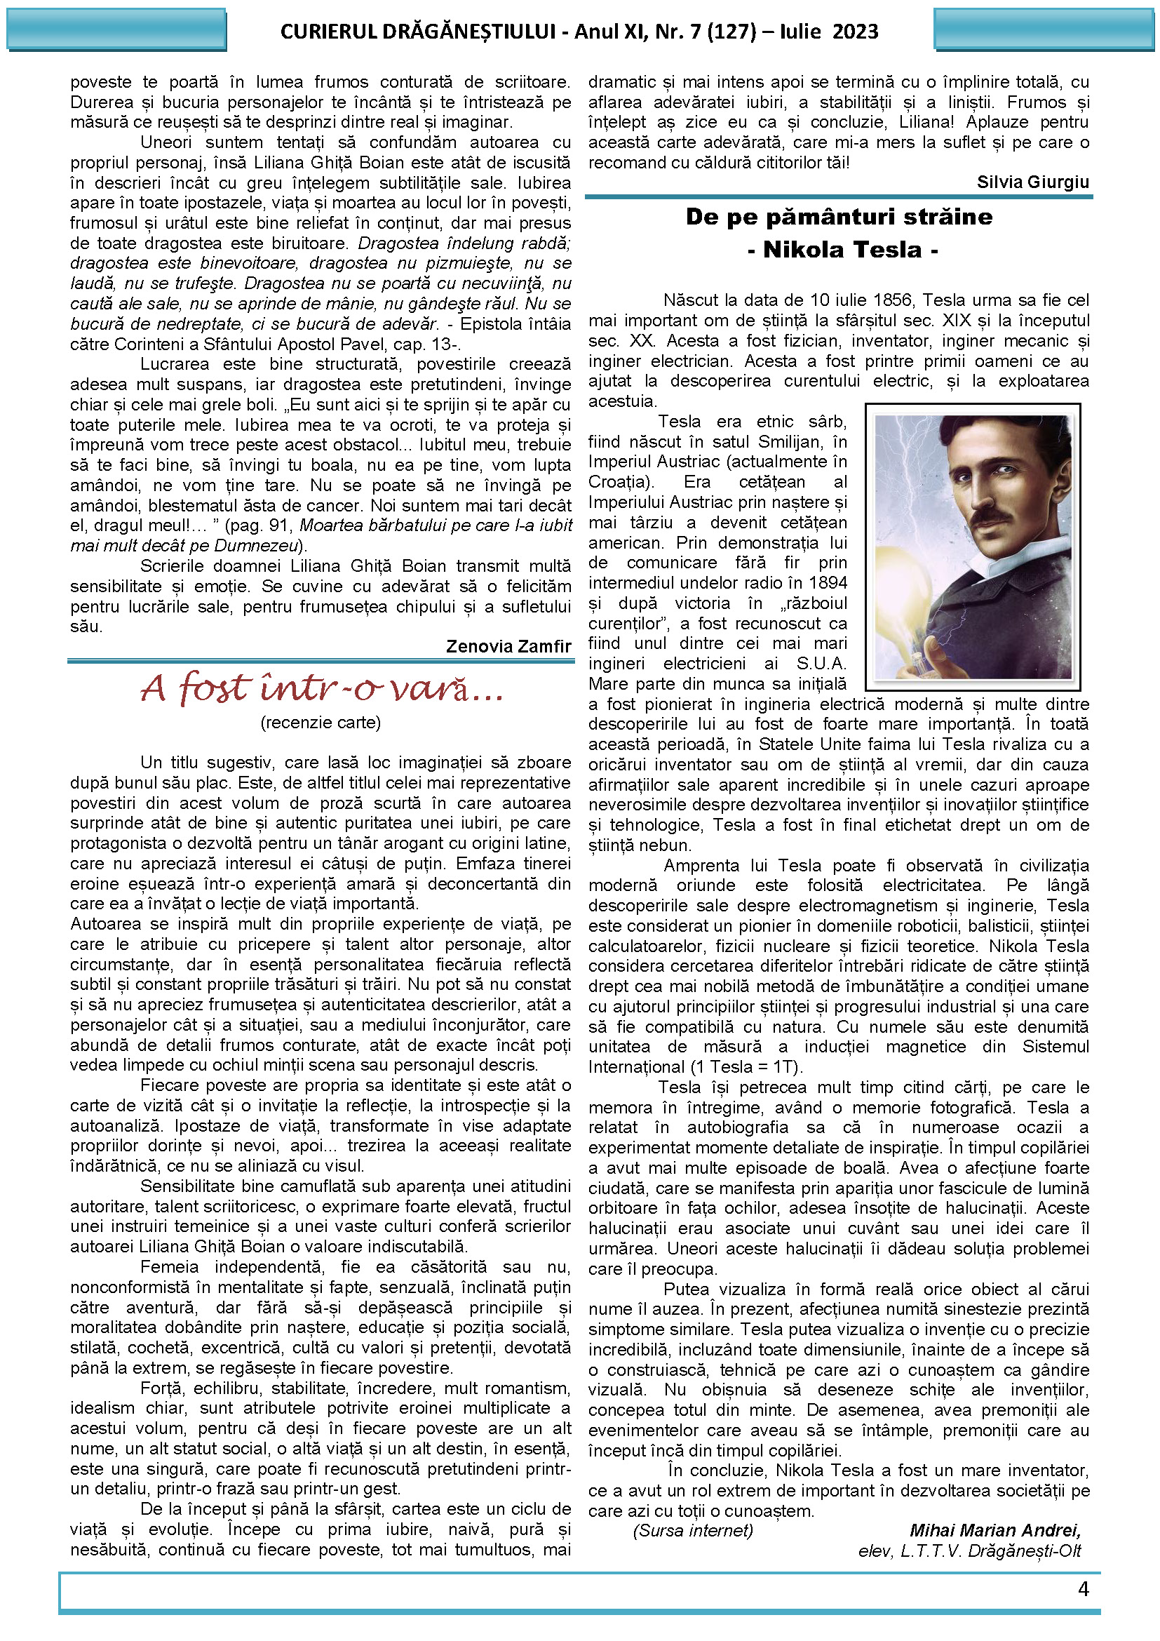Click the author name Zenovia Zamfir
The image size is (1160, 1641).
click(508, 647)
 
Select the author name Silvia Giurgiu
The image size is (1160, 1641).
click(1032, 182)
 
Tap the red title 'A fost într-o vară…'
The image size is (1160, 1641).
click(322, 688)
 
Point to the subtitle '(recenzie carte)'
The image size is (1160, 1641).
click(321, 723)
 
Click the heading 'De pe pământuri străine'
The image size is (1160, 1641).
click(839, 217)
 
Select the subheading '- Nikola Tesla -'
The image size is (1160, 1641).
click(842, 250)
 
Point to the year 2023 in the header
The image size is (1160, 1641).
click(855, 32)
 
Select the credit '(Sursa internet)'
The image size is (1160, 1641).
click(692, 1530)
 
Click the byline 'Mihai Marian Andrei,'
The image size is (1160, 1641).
click(994, 1530)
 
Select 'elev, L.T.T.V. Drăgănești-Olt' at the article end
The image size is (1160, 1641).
click(969, 1550)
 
